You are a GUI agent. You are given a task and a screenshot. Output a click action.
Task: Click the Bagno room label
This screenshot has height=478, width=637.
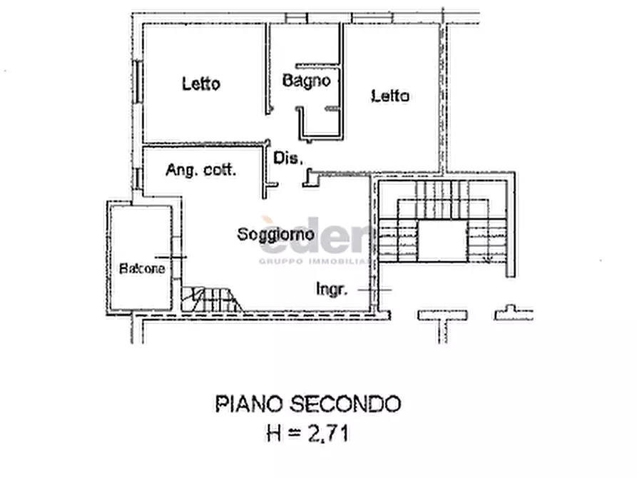pos(306,81)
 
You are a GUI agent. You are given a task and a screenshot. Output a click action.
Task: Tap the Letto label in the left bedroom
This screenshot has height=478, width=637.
pos(201,83)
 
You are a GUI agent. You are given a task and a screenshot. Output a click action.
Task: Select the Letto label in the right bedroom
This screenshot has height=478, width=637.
pos(390,96)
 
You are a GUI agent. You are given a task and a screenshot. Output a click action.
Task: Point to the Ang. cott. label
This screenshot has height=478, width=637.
pos(200,170)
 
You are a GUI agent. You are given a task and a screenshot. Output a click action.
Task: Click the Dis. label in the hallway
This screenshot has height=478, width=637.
pos(288,158)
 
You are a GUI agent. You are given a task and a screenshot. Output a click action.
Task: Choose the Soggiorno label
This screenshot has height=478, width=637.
pos(276,234)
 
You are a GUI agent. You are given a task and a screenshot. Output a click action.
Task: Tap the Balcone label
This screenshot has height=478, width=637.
pos(142,268)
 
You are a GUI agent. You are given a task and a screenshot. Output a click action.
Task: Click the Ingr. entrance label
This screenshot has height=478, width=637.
pos(332,290)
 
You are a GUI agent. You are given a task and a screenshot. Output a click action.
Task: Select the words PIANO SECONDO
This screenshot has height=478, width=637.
pos(308,404)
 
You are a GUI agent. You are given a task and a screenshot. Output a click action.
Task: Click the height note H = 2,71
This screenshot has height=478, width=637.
pos(307,433)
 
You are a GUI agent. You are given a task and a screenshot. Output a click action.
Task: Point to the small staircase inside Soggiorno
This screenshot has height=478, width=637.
pos(211,300)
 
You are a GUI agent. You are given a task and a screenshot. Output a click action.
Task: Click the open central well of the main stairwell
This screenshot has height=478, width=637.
pos(442,240)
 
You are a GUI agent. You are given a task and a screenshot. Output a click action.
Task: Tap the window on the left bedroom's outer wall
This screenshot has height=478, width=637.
pos(138,81)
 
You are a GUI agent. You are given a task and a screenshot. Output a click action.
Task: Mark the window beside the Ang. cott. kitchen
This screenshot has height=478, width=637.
pos(138,178)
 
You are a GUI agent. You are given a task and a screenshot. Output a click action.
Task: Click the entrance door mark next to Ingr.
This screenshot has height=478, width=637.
pos(374,290)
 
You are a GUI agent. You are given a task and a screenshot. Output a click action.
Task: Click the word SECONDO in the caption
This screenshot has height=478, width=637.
pos(345,404)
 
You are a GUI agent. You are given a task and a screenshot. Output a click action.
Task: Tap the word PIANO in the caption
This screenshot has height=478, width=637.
pos(249,404)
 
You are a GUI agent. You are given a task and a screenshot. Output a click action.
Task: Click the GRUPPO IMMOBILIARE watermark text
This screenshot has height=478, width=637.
pos(315,261)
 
